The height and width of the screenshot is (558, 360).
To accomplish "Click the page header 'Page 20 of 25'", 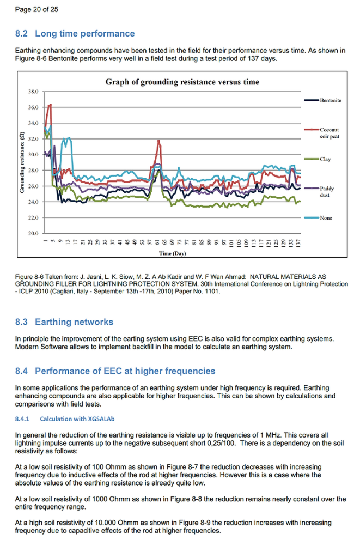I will tap(36, 9).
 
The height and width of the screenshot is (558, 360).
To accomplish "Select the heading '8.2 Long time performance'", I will tap(75, 34).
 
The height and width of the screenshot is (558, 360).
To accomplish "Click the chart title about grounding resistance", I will tap(182, 82).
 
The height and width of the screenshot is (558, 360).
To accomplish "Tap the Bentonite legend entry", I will tap(330, 100).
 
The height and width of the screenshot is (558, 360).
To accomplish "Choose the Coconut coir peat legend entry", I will tap(329, 133).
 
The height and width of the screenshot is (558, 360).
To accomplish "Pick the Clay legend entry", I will tap(325, 159).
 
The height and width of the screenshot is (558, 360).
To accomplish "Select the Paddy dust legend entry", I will tap(327, 191).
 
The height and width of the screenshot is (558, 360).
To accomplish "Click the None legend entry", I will tap(326, 218).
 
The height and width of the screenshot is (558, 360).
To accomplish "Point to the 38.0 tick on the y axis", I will tap(34, 92).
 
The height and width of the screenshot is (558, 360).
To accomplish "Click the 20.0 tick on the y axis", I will tap(34, 233).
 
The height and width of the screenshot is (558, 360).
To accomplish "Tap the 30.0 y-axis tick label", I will tap(34, 155).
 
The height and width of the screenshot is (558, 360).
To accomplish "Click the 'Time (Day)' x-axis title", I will tap(172, 254).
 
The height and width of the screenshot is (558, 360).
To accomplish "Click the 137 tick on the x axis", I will tap(299, 241).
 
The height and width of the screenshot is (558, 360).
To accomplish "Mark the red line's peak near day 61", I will tap(158, 141).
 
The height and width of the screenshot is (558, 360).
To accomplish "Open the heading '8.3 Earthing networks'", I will tap(64, 322).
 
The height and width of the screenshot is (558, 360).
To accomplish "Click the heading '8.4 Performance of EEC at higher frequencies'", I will tap(115, 371).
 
